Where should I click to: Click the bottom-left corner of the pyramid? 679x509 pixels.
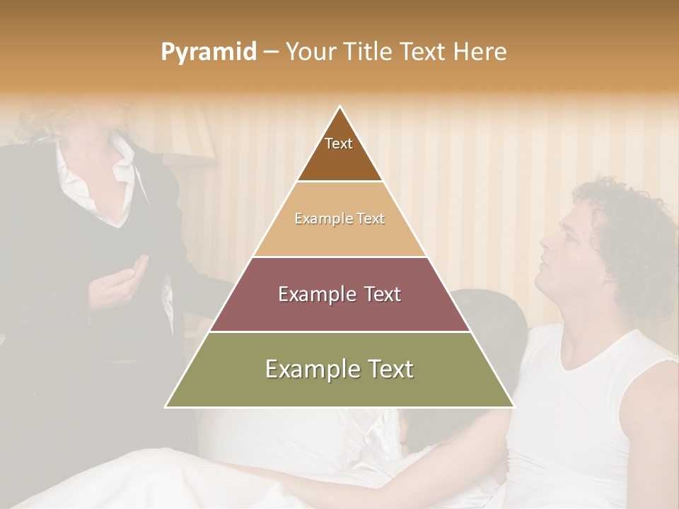[167, 406]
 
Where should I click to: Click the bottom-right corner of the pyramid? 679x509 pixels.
[513, 406]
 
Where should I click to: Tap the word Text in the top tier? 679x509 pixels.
[339, 144]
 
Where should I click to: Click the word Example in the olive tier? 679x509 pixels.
[306, 369]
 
